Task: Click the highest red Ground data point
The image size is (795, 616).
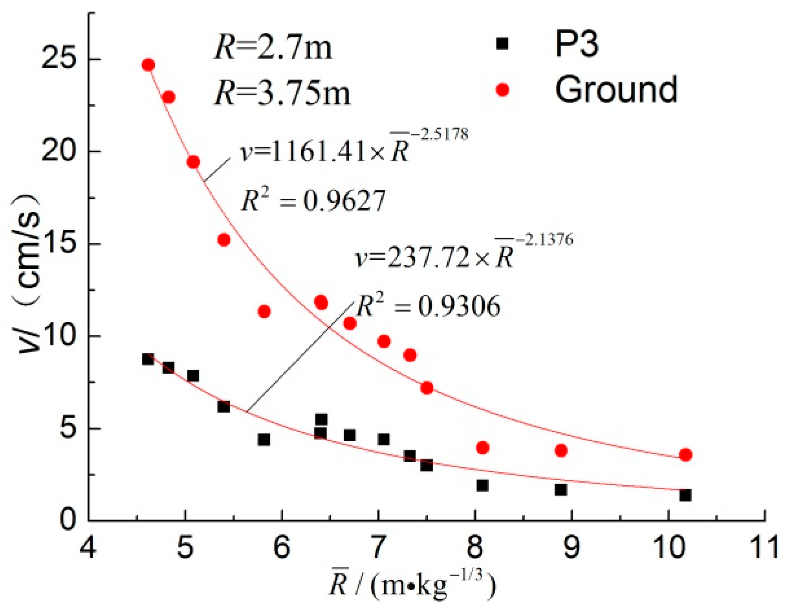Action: (148, 65)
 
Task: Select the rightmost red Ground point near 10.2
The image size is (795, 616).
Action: (686, 455)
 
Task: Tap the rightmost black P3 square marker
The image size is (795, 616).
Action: (686, 495)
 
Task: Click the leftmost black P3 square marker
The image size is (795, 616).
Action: (148, 359)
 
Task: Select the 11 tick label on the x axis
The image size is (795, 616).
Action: (764, 547)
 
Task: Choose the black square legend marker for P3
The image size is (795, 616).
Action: (502, 44)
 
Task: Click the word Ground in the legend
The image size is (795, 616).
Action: (616, 89)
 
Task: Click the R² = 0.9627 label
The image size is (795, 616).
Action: (313, 201)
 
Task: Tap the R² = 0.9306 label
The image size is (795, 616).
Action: (429, 306)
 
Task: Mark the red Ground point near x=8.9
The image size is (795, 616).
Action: (561, 451)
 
